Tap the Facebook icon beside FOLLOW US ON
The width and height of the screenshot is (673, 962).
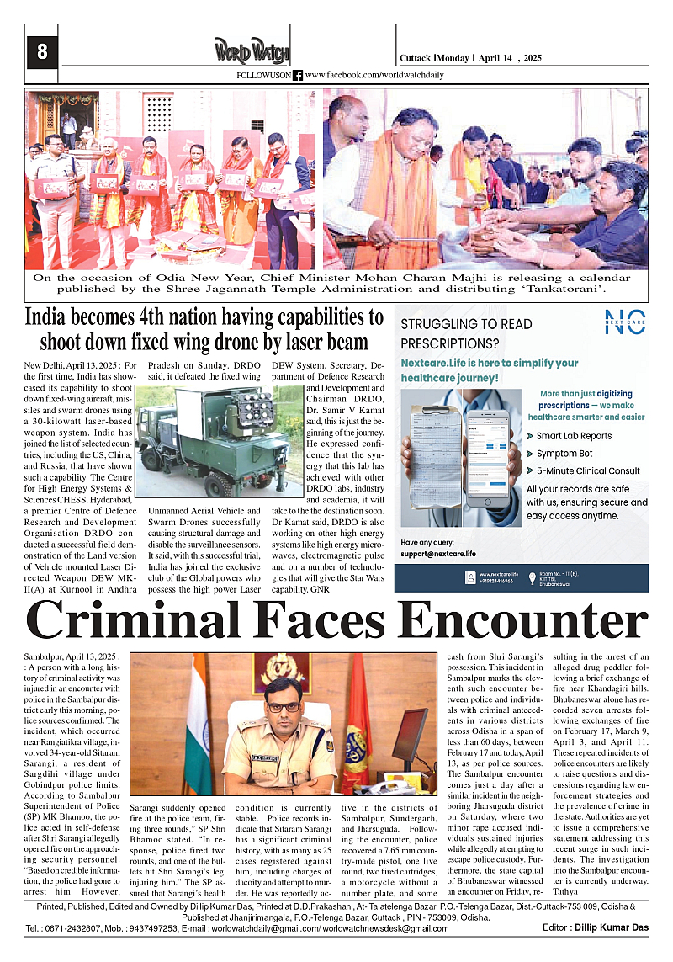coord(298,76)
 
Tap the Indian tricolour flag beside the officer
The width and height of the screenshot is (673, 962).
coord(199,724)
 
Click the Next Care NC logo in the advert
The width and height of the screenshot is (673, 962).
coord(624,322)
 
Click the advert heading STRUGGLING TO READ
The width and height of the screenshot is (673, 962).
coord(466,323)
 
